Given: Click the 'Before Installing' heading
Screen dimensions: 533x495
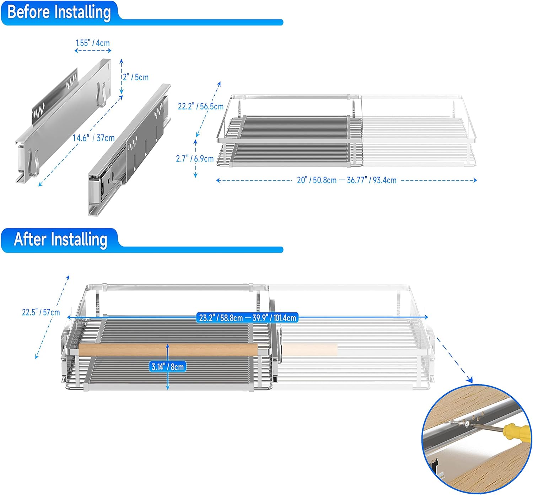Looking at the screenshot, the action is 59,12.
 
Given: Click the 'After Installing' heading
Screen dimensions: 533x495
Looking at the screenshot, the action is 61,240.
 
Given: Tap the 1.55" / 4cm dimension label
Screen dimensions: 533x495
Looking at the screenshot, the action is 93,43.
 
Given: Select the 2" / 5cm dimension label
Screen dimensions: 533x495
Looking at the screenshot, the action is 136,77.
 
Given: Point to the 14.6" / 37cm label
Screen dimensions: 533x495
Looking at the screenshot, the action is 94,138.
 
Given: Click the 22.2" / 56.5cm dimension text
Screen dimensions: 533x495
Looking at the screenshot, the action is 201,107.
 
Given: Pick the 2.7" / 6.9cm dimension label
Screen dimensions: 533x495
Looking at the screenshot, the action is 195,158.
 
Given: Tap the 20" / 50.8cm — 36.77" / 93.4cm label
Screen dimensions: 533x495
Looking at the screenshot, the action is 346,180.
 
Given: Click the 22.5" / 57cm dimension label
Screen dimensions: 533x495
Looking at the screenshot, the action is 41,312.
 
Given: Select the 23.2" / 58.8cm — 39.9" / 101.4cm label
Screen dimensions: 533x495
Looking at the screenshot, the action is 247,318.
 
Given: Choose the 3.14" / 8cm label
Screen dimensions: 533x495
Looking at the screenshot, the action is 168,367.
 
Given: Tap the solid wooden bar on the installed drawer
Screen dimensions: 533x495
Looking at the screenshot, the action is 168,350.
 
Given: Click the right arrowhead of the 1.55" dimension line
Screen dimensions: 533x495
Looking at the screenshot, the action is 109,50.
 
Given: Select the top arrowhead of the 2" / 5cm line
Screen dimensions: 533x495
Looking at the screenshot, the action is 122,61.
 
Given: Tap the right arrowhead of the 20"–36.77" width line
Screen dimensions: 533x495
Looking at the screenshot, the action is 475,181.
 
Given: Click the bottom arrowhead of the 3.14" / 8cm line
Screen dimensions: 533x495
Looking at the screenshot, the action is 168,388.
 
